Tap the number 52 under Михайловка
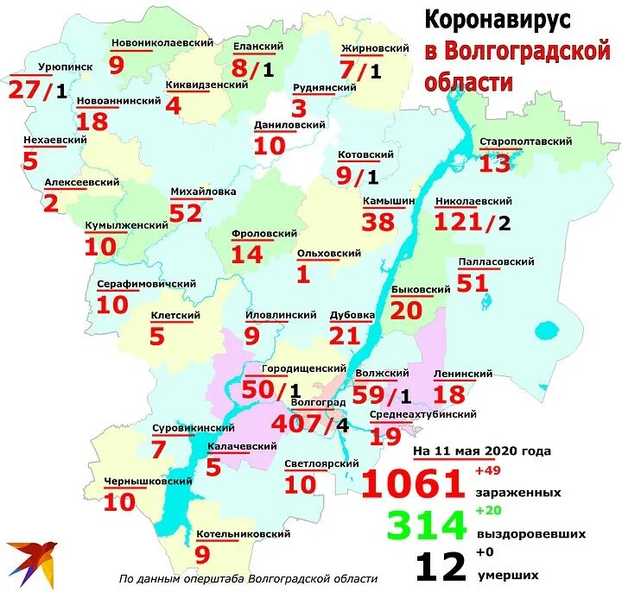click(x=185, y=213)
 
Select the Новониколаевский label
click(x=150, y=41)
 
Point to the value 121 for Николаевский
click(x=457, y=222)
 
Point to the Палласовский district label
click(x=491, y=261)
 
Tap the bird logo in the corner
click(x=30, y=557)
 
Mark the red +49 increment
click(x=488, y=470)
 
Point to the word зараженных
click(x=517, y=493)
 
